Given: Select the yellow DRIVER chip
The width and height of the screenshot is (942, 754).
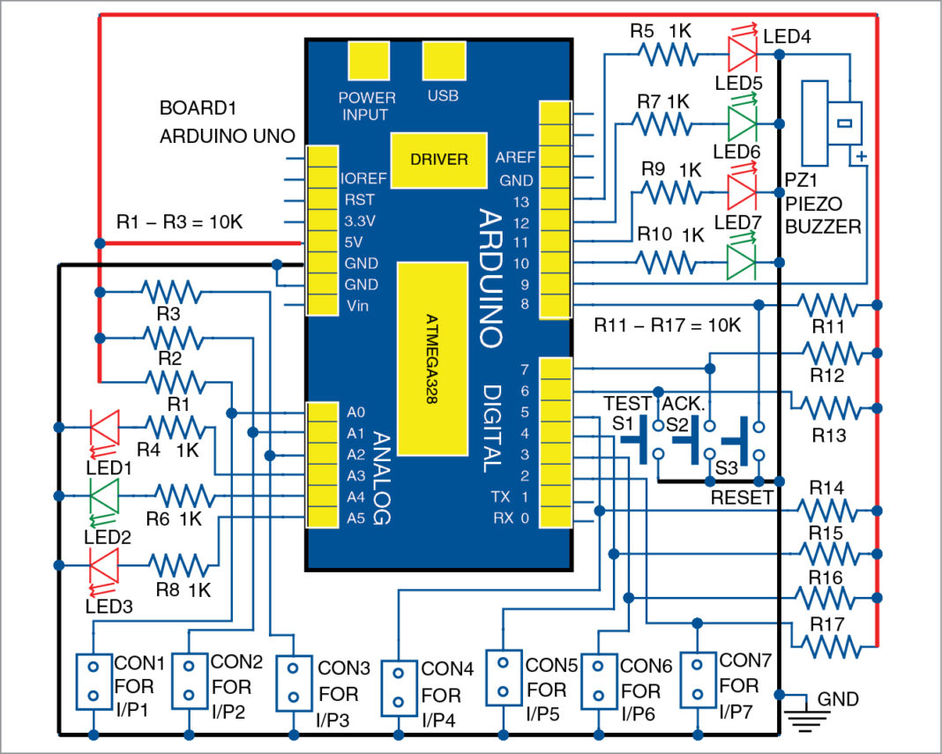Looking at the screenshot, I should (x=438, y=160).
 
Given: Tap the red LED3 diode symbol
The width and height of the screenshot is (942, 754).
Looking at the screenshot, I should (x=103, y=564).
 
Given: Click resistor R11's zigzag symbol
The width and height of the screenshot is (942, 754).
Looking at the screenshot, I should (x=826, y=305).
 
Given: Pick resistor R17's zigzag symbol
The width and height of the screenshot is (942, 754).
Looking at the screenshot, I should (x=826, y=646).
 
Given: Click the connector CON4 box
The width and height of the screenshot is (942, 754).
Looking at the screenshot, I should (x=398, y=689).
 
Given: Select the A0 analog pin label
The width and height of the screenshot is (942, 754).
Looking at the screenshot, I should (x=355, y=412).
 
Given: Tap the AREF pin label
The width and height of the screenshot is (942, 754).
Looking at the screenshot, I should (x=514, y=159).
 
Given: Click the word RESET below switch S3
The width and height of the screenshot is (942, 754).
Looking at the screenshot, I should (x=742, y=497).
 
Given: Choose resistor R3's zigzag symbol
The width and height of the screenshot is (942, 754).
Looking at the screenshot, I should (x=170, y=292).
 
